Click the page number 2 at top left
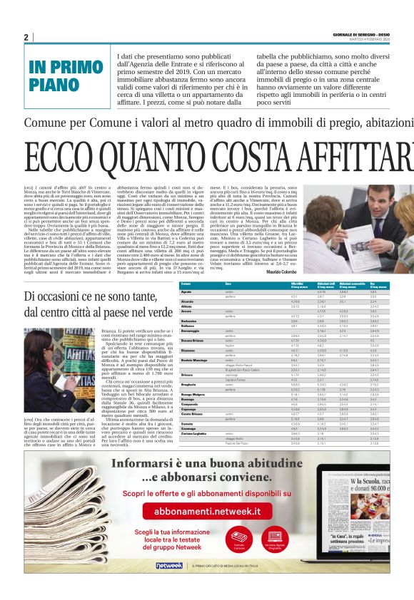(x=26, y=37)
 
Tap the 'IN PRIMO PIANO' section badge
(x=66, y=74)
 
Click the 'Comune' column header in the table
(x=186, y=284)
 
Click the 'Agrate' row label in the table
(x=186, y=292)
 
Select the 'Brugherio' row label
(x=189, y=385)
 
